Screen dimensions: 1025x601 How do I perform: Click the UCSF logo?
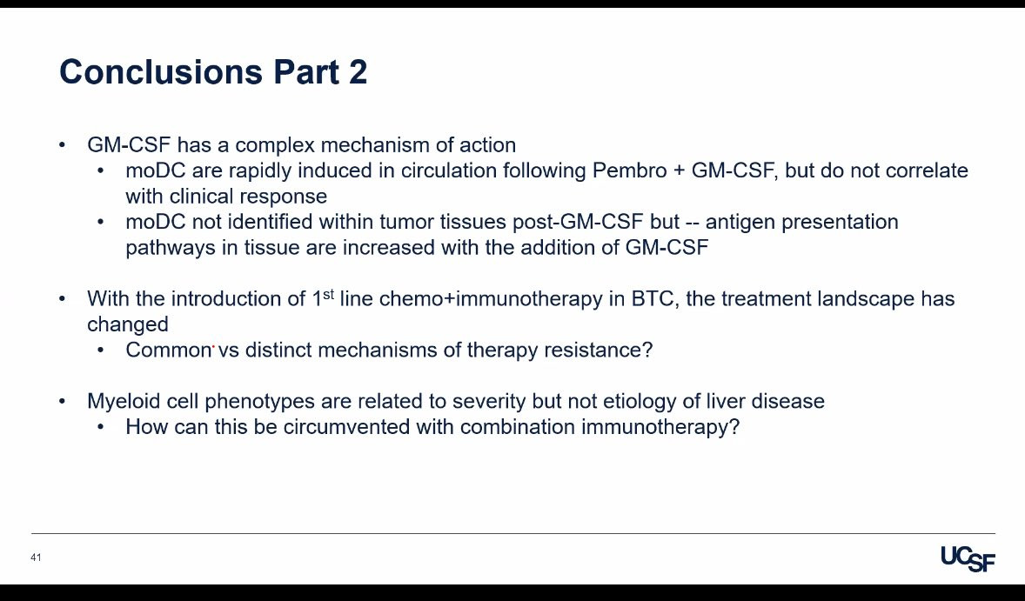tap(968, 559)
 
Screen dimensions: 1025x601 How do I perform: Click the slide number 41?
tap(36, 558)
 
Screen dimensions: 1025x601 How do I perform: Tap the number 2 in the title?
tap(358, 71)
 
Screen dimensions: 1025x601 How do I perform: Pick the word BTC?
tap(653, 298)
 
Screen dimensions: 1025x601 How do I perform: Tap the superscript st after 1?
tap(328, 294)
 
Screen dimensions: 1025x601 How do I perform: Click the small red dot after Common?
tap(214, 348)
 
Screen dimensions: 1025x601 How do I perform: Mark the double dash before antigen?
tap(693, 223)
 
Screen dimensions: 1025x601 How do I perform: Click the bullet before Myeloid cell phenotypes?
tap(62, 401)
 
